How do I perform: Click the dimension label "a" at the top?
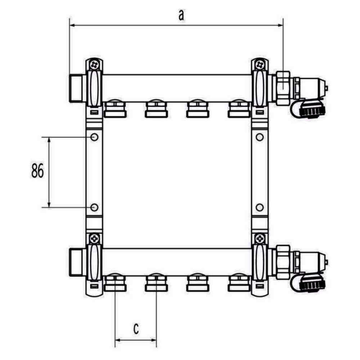point(182,15)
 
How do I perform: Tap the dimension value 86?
point(38,171)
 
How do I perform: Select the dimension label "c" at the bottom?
point(136,329)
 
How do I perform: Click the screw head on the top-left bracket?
point(94,64)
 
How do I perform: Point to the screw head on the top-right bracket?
point(260,64)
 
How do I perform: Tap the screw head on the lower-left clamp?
point(94,239)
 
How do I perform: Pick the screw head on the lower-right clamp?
point(260,239)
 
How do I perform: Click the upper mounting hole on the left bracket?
point(94,137)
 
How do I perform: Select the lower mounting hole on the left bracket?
point(94,208)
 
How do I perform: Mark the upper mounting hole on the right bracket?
point(260,137)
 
